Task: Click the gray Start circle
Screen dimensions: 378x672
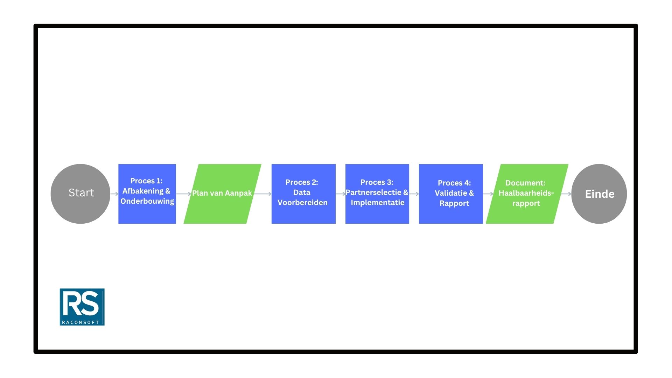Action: [x=80, y=194]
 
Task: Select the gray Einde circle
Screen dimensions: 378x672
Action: [x=599, y=194]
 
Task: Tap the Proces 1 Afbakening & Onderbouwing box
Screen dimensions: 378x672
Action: [x=147, y=194]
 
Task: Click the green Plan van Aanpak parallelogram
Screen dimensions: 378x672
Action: [x=222, y=194]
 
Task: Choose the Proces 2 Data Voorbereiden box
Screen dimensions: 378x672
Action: [x=303, y=194]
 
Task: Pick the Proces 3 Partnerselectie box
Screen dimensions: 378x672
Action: [x=377, y=194]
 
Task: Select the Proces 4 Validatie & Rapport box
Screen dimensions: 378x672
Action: [x=451, y=194]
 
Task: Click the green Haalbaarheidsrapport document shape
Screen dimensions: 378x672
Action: [x=527, y=194]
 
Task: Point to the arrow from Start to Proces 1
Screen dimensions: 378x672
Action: [x=114, y=194]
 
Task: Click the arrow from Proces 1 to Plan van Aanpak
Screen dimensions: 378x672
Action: [x=183, y=194]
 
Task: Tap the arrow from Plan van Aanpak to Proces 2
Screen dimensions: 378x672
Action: [x=262, y=194]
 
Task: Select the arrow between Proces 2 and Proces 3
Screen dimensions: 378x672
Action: [x=341, y=194]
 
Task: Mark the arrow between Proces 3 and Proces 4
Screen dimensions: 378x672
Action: [x=414, y=194]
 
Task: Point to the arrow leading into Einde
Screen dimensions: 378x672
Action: [x=566, y=194]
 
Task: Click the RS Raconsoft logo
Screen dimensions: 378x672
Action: [x=82, y=307]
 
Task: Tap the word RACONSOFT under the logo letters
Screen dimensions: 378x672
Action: [x=80, y=322]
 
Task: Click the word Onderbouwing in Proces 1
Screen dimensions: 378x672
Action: [x=147, y=201]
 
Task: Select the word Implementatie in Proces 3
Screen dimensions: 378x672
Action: [x=377, y=203]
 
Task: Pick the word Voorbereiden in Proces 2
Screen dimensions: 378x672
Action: [x=302, y=203]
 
